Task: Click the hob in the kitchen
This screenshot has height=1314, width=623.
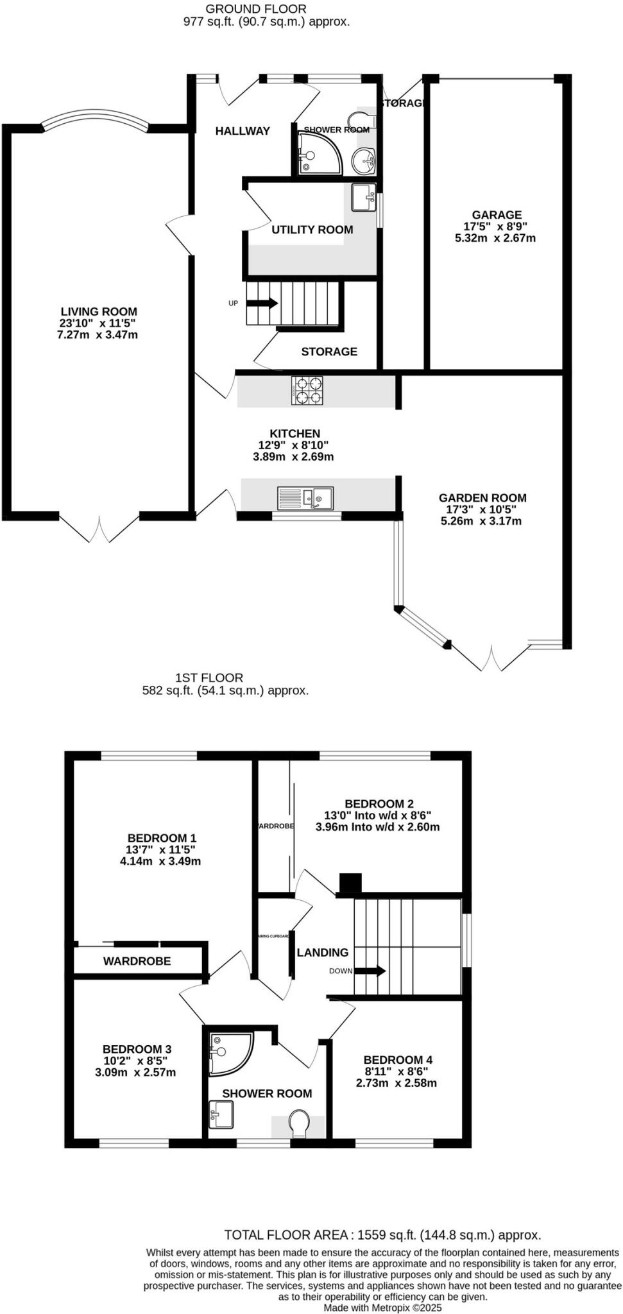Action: tap(309, 390)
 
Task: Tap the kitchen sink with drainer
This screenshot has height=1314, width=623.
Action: tap(305, 498)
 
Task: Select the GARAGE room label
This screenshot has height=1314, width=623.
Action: tap(497, 215)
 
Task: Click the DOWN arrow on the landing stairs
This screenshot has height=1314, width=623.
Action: tap(370, 971)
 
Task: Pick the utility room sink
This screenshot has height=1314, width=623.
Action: tap(364, 196)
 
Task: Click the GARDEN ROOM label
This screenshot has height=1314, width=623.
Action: tap(482, 497)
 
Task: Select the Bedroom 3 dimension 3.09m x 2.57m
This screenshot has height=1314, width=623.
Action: tap(135, 1072)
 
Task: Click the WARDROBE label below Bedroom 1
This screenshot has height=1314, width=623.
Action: tap(137, 961)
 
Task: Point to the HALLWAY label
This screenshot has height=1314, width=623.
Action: tap(243, 131)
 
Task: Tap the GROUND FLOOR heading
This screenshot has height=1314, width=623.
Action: tap(256, 9)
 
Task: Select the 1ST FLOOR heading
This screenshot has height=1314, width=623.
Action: tap(209, 678)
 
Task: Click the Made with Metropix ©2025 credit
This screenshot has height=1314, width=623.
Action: tap(382, 1307)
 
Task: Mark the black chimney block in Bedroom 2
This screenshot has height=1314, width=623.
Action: tap(350, 883)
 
